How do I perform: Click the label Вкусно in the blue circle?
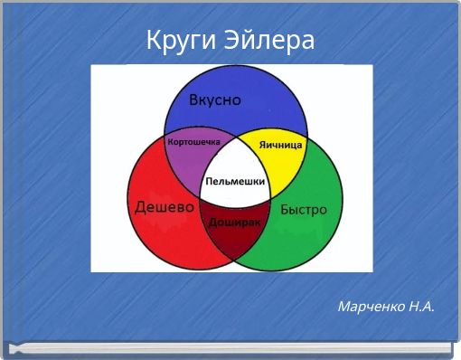[x=214, y=100]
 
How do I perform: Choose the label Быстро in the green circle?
[x=303, y=209]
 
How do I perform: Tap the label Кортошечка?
[x=194, y=142]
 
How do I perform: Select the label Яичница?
[x=280, y=145]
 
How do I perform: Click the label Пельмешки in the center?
[x=235, y=182]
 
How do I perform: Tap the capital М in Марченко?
[x=344, y=307]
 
